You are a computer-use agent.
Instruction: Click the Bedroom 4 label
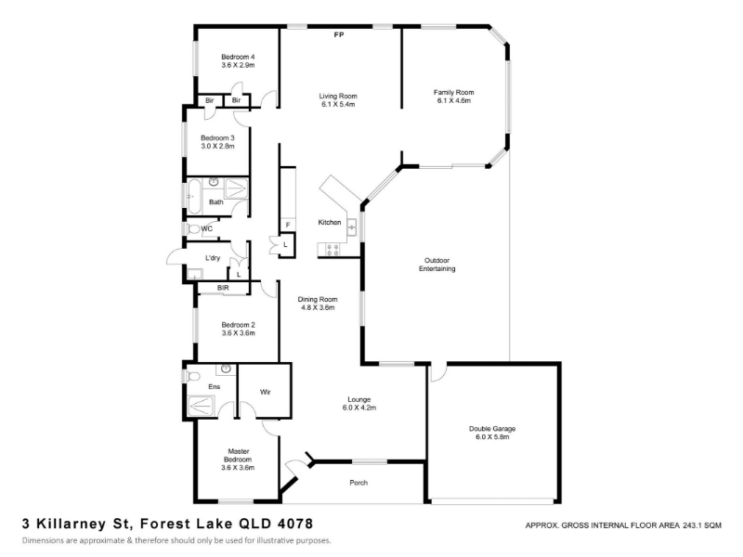[x=238, y=57]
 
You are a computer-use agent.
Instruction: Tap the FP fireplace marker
[x=339, y=34]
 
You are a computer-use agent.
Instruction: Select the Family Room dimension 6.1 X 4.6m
[x=454, y=100]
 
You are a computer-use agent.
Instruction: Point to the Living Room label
[x=338, y=97]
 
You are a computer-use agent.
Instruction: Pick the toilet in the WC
[x=193, y=229]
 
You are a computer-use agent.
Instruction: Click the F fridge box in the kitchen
[x=288, y=225]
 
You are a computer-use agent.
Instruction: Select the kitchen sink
[x=352, y=227]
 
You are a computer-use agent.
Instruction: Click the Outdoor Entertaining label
[x=437, y=265]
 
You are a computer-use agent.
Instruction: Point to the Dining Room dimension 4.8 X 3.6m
[x=318, y=307]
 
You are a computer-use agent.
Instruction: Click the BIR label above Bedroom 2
[x=223, y=288]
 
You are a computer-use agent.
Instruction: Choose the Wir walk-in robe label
[x=266, y=392]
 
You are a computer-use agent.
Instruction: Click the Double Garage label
[x=492, y=429]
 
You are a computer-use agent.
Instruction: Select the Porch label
[x=358, y=483]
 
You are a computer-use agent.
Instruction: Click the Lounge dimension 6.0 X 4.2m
[x=359, y=408]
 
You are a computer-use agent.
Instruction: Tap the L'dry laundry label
[x=213, y=258]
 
